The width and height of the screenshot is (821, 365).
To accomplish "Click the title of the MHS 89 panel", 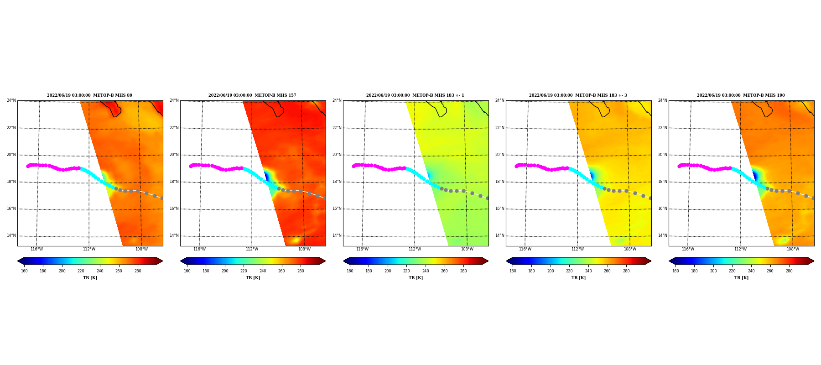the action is [89, 95].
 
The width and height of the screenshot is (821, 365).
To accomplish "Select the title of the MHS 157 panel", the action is [252, 95].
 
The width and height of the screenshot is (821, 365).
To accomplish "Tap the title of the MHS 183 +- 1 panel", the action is [415, 95].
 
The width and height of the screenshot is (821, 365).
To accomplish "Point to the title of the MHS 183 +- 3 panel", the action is [578, 95].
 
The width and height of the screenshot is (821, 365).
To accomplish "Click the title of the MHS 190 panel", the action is [741, 95].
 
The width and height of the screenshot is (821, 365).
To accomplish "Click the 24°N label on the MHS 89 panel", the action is [11, 100].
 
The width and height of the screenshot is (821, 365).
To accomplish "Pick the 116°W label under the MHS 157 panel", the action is [199, 249].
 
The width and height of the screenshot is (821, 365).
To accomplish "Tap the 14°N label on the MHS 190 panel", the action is [662, 236].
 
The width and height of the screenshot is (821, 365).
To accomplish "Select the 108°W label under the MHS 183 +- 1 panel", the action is [467, 249].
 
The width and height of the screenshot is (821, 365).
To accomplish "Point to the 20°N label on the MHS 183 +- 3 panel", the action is [499, 155].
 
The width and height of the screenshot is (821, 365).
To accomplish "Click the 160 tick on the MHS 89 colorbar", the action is [24, 271].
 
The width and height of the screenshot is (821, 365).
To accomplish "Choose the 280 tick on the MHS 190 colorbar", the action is [789, 271].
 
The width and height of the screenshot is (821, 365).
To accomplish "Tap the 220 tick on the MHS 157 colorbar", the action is [244, 271].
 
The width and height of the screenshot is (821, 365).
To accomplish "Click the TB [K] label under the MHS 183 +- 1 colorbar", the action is [416, 278].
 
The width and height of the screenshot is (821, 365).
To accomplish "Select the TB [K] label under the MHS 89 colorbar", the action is [90, 278].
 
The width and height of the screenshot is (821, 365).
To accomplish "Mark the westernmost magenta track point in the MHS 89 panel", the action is [28, 166].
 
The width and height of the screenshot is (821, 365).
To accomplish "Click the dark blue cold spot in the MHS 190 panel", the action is [755, 176].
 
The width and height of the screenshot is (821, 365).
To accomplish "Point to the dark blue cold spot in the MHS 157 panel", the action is [266, 176].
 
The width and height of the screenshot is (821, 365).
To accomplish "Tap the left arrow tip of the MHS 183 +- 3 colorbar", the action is [506, 261].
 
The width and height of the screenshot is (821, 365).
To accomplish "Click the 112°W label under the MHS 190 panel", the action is [740, 249].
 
